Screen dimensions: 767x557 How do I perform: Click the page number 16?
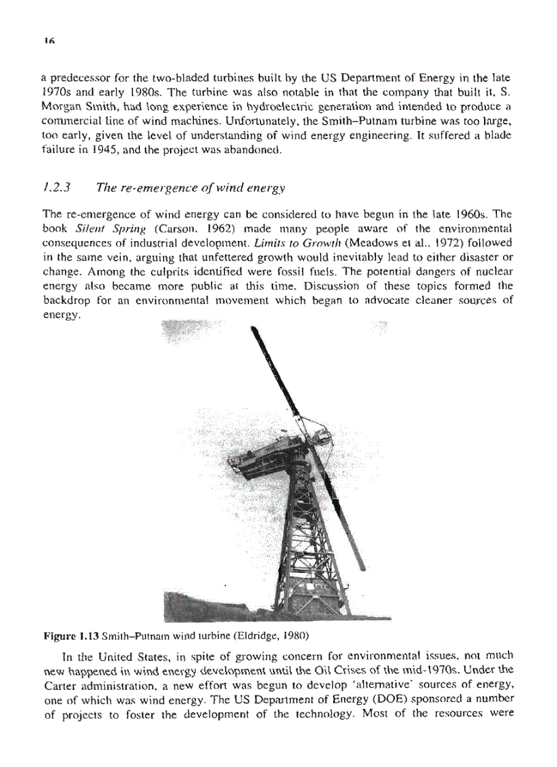point(47,40)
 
